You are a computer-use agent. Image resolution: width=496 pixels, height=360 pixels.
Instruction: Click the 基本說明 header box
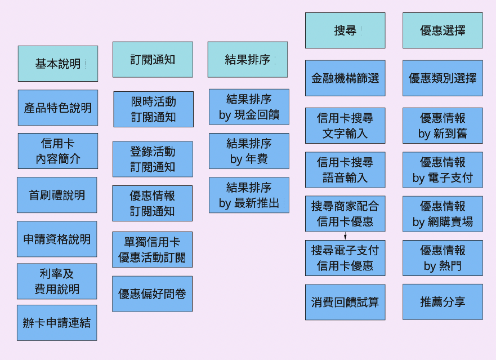(x=57, y=64)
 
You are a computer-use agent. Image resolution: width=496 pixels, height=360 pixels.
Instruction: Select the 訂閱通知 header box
(x=153, y=60)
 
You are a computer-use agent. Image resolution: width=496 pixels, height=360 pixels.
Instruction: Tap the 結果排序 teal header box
(x=248, y=60)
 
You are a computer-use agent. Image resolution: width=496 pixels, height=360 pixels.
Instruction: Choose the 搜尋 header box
(x=345, y=30)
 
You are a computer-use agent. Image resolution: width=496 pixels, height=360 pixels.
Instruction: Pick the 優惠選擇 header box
(x=443, y=30)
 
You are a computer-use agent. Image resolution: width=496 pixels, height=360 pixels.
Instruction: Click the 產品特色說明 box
(x=57, y=108)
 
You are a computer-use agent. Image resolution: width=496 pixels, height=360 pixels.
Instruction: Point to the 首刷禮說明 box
(x=57, y=195)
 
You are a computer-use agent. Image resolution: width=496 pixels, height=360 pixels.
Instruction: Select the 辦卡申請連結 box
(x=57, y=323)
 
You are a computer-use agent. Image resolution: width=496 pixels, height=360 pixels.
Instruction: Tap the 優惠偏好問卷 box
(x=152, y=294)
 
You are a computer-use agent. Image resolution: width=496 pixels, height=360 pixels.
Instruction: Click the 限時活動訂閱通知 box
(x=153, y=109)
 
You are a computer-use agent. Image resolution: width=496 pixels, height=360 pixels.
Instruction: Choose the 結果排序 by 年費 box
(x=249, y=151)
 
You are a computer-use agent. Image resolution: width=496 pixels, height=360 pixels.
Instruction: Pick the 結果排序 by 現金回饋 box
(x=249, y=107)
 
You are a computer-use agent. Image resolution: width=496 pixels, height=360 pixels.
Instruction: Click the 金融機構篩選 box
(x=345, y=78)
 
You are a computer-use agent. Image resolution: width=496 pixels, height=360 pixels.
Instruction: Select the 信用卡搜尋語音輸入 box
(x=345, y=170)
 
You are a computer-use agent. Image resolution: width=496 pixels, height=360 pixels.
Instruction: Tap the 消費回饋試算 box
(x=345, y=302)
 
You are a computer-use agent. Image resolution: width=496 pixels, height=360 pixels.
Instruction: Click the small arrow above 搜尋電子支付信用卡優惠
(x=345, y=235)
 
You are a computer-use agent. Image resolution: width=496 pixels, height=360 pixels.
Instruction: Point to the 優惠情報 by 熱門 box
(x=443, y=257)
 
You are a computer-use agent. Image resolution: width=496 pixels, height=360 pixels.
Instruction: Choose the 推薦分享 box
(x=443, y=302)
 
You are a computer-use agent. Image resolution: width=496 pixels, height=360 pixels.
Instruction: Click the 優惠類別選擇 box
(x=443, y=78)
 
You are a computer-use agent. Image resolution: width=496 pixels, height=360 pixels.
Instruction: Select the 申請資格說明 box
(x=57, y=239)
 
